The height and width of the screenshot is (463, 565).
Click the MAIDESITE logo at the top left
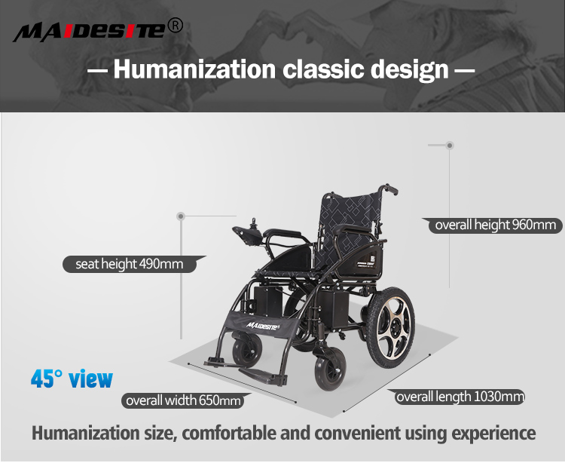tap(89, 31)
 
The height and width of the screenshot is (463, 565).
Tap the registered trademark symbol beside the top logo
tap(175, 26)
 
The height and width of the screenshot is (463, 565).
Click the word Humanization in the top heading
tap(194, 70)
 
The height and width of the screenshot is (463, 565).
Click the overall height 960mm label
tap(495, 225)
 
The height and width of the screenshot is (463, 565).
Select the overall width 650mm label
tap(183, 400)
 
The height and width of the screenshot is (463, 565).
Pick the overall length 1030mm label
tap(460, 397)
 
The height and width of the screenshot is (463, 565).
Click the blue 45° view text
tap(72, 378)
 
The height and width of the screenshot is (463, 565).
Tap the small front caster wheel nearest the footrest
tap(246, 354)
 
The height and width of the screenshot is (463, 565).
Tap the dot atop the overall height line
tap(450, 144)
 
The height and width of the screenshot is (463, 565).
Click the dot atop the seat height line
tap(181, 216)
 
